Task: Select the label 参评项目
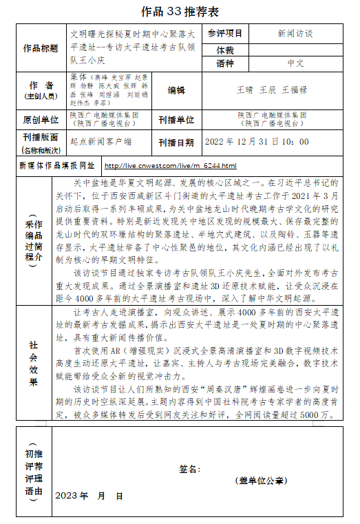point(225,33)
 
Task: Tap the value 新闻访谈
point(295,33)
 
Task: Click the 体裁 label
point(225,50)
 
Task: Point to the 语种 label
point(225,63)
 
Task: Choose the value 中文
point(295,63)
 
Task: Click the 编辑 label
point(177,90)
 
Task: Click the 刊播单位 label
point(177,120)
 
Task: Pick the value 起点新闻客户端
point(101,141)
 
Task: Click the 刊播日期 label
point(177,142)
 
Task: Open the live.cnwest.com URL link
point(170,166)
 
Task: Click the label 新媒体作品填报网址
point(57,166)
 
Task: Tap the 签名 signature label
point(189,469)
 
